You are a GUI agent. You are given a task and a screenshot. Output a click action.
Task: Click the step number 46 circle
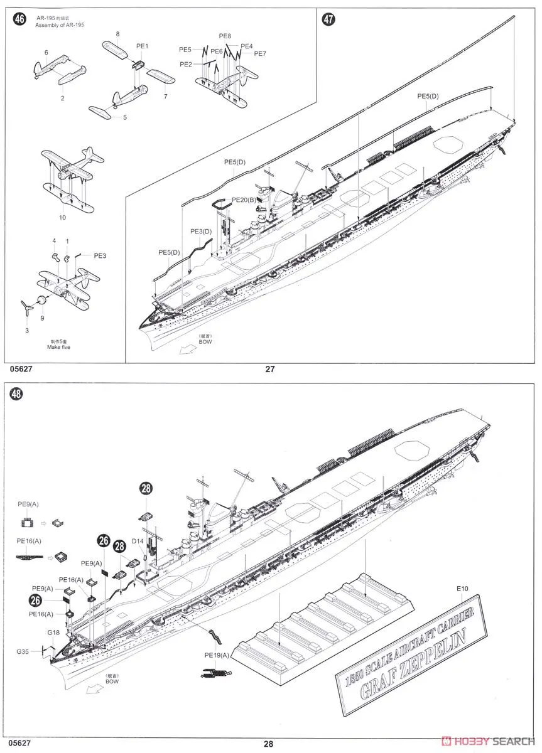pos(20,19)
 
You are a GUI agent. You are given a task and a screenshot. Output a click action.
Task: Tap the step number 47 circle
pos(328,19)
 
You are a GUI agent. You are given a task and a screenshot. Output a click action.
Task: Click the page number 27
pos(270,369)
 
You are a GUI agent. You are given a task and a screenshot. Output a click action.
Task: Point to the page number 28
pos(269,744)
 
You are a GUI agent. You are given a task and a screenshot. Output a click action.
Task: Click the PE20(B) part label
pos(243,200)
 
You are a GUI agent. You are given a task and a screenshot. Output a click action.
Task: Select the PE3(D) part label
pos(201,232)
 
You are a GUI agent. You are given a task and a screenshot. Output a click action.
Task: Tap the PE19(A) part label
pos(217,654)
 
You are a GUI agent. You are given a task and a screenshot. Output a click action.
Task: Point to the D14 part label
pos(138,540)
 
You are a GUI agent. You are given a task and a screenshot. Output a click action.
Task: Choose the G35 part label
pos(24,651)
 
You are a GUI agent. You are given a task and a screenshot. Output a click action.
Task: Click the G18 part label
pos(53,634)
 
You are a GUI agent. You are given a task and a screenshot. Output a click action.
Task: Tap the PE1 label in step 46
pos(142,46)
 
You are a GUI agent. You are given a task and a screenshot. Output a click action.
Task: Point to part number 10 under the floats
pos(62,217)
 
